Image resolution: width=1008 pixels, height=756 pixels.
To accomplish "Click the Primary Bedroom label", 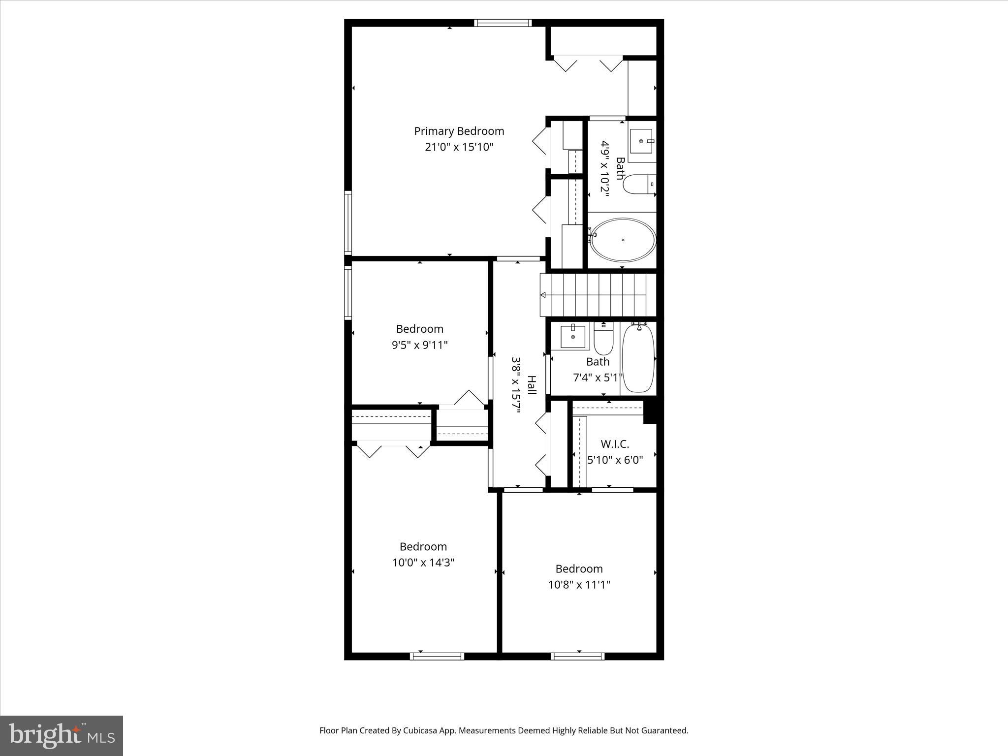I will point(459,131).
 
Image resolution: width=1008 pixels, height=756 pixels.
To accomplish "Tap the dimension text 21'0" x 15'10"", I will point(459,147).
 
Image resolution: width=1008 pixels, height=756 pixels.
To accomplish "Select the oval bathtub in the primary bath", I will point(623,240).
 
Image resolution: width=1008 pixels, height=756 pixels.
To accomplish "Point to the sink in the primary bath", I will point(641,141).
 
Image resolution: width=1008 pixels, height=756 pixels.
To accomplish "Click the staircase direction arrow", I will point(543,295).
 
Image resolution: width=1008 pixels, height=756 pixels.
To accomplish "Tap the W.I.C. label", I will point(615,444).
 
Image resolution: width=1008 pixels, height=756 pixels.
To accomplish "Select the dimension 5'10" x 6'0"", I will point(615,460).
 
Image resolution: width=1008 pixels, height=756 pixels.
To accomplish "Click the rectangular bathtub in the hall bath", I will point(638,358).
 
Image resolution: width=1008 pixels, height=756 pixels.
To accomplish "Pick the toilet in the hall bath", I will point(603,340).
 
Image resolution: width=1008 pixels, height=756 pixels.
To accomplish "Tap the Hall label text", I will point(532,385).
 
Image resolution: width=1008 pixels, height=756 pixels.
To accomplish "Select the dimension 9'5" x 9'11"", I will point(419,345).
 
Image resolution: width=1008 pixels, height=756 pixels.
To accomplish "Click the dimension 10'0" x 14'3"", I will point(423,563).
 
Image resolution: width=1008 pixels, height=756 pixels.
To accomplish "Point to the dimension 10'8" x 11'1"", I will point(579,585).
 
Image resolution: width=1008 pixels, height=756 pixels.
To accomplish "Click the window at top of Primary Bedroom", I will point(503,23).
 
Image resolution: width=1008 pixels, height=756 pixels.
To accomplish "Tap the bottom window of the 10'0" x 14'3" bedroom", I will point(437,656).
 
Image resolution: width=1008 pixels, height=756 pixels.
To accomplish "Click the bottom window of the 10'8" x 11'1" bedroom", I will point(577,656).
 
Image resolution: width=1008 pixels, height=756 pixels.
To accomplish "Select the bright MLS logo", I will point(62,735).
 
